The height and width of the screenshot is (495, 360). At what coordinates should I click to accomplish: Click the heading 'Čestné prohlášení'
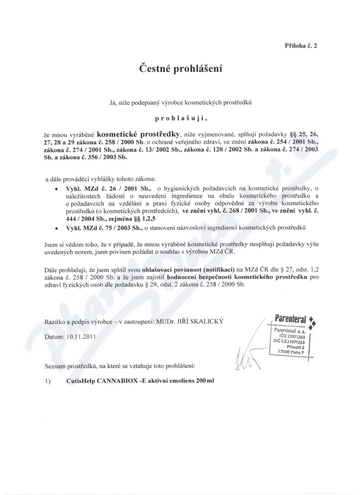tap(180, 70)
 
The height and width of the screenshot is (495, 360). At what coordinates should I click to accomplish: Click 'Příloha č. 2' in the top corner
tap(301, 46)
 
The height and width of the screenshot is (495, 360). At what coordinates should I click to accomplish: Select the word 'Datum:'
tap(55, 336)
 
